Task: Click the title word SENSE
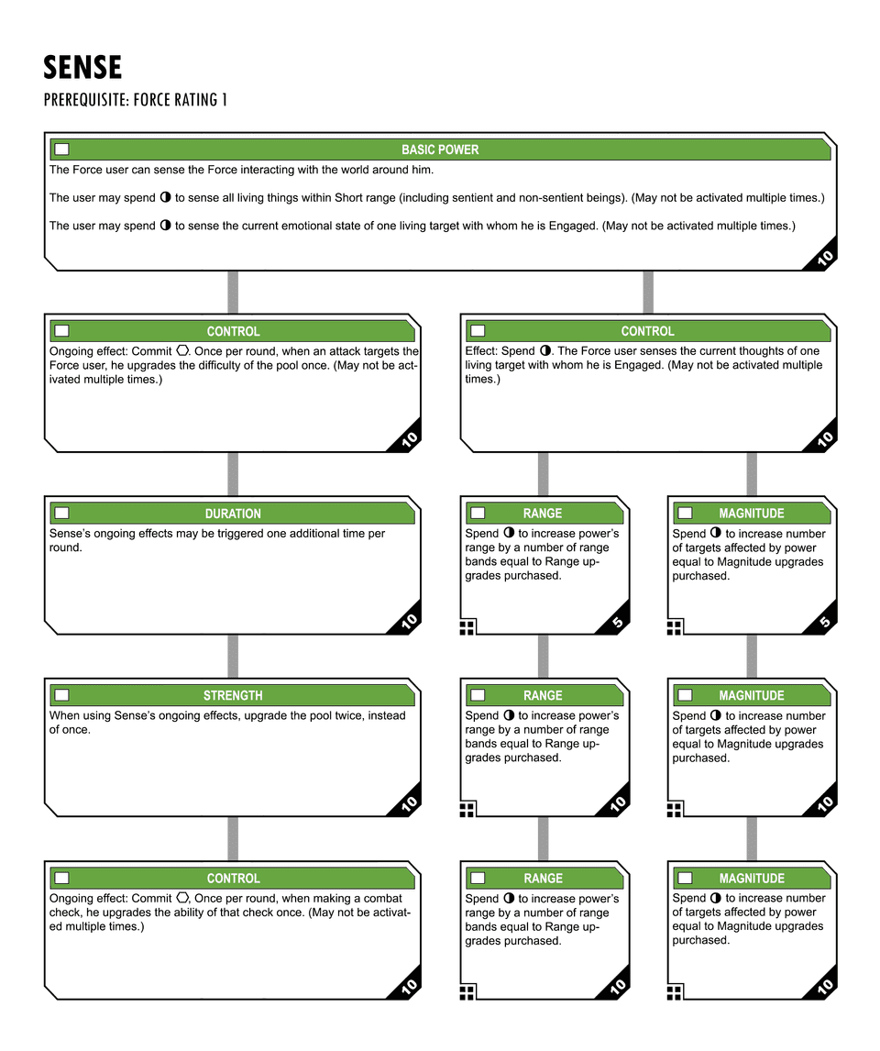coord(82,67)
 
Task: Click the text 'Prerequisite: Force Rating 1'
coord(135,99)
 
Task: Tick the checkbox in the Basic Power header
coord(61,149)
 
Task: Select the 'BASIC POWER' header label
coord(440,149)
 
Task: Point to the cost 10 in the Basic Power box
coord(823,259)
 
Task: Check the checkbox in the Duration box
coord(61,514)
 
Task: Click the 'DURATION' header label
coord(233,514)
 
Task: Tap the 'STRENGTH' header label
coord(233,696)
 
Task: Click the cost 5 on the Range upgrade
coord(617,623)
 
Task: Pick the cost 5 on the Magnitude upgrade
coord(824,623)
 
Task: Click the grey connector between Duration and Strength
coord(233,656)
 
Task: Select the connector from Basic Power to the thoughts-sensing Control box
coord(648,292)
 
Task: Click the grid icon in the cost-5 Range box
coord(467,627)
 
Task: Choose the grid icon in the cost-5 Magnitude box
coord(675,627)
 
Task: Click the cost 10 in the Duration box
coord(409,622)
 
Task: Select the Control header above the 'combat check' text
coord(233,879)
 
